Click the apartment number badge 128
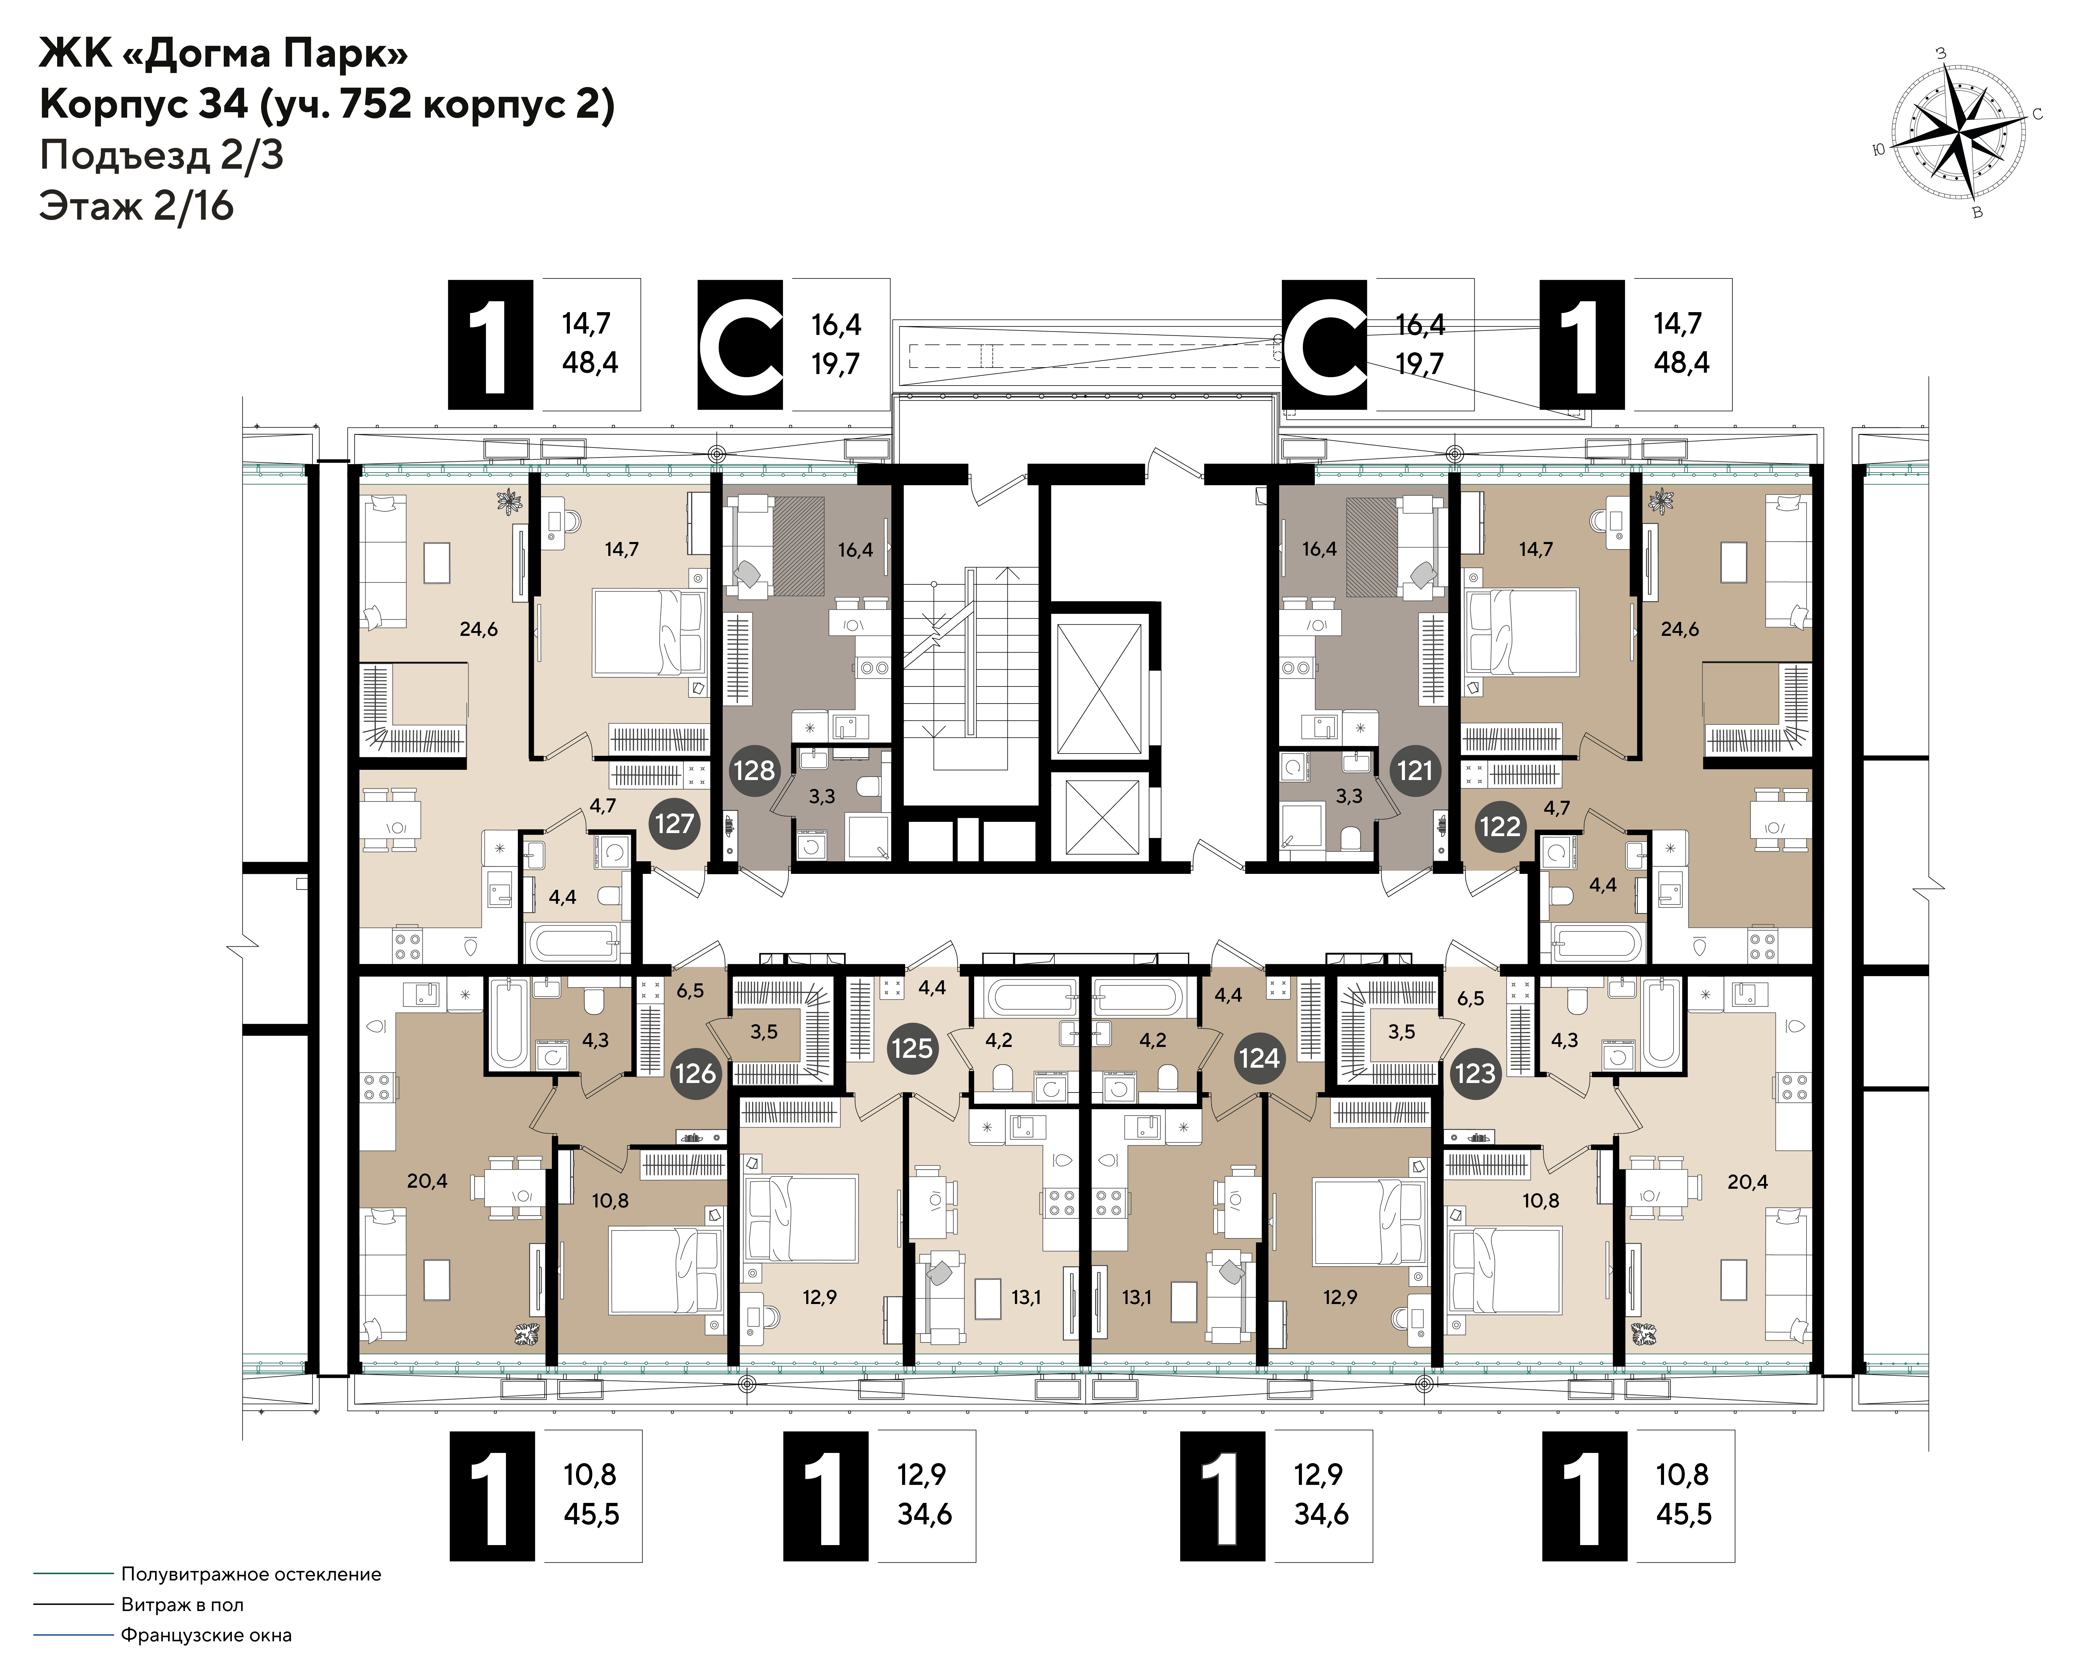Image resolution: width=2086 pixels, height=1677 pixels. click(x=754, y=770)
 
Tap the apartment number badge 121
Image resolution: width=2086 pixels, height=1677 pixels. click(x=1414, y=770)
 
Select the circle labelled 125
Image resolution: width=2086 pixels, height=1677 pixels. click(x=912, y=1048)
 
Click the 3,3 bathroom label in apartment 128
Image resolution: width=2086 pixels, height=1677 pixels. click(x=821, y=796)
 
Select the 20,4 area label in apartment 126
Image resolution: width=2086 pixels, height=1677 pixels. click(x=427, y=1181)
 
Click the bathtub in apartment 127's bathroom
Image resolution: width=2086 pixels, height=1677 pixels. click(x=571, y=941)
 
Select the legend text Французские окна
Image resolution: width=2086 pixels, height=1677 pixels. click(x=206, y=1636)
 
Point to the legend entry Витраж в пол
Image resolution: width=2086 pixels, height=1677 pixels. click(x=182, y=1605)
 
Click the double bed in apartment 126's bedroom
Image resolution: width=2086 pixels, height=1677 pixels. click(x=666, y=1271)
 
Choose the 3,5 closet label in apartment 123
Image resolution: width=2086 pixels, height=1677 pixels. click(x=1401, y=1032)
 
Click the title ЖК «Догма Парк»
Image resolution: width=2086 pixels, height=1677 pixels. click(x=223, y=54)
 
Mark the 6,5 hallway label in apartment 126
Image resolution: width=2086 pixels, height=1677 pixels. click(x=690, y=991)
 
